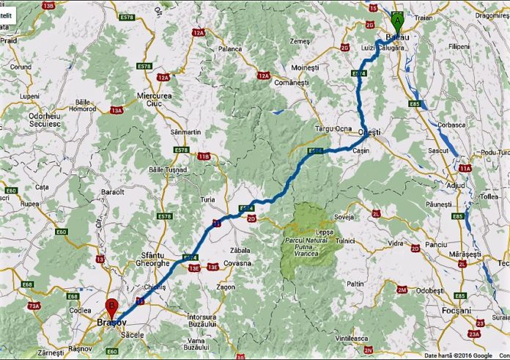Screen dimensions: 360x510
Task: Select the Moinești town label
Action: click(307, 67)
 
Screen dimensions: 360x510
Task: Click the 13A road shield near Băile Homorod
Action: click(117, 110)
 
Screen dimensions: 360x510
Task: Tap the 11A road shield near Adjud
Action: click(465, 168)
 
